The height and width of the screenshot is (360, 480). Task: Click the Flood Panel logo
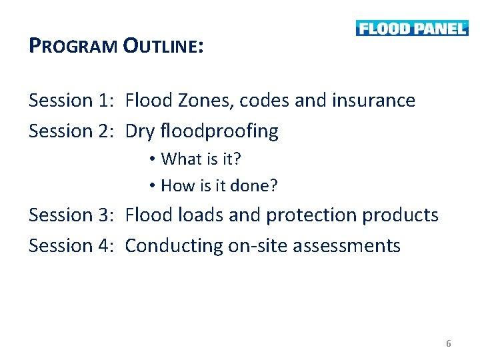coord(411,28)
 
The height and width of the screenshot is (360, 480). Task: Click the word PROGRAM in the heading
coord(74,46)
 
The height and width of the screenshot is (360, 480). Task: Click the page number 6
coord(449,344)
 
